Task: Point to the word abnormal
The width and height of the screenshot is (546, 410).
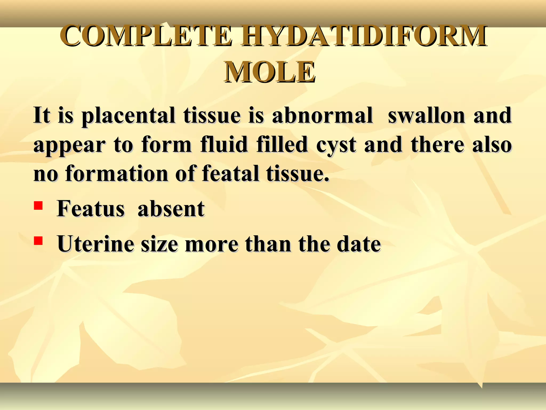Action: click(322, 116)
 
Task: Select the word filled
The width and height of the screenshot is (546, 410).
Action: click(282, 145)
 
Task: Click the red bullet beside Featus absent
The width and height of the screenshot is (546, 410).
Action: click(38, 206)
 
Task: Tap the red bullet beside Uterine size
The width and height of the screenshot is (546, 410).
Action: click(38, 241)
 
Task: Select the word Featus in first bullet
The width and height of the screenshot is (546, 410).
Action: click(91, 209)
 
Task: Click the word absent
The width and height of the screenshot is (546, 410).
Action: click(171, 209)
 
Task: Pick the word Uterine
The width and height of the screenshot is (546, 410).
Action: click(95, 244)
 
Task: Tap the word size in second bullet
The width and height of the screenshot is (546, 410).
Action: click(159, 244)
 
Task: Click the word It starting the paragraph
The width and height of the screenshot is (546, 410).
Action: click(42, 116)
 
